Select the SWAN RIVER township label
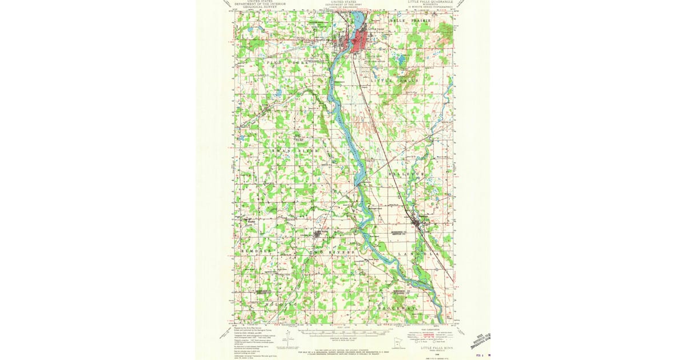295,150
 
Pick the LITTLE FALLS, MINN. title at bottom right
437,347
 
